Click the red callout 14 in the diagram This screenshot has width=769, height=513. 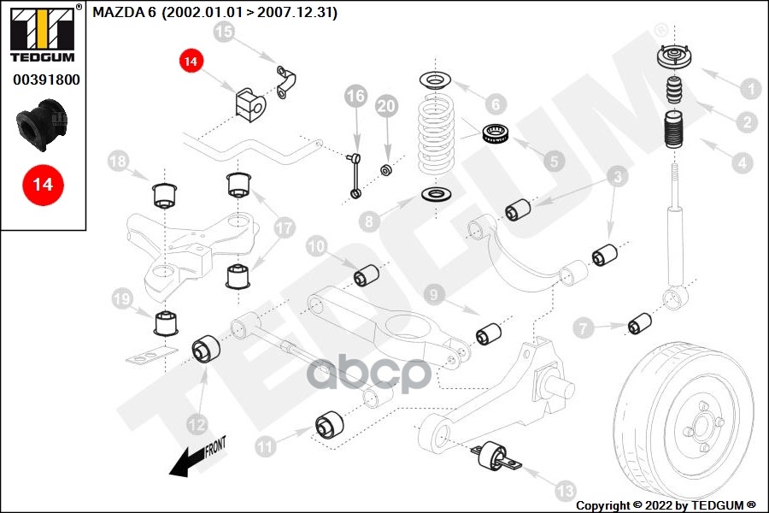(x=191, y=62)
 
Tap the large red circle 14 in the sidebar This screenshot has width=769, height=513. (x=43, y=184)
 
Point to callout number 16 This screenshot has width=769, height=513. (x=355, y=97)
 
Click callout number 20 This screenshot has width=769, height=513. (x=387, y=106)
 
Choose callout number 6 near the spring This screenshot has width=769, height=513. (x=493, y=104)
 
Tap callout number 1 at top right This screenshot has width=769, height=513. (x=749, y=88)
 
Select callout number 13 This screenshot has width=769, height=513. (x=565, y=490)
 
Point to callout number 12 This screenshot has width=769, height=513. (x=197, y=422)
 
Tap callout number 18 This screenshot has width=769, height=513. (x=119, y=161)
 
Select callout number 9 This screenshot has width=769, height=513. (x=434, y=296)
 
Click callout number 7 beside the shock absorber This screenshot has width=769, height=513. (x=584, y=326)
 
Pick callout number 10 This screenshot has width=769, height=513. (x=316, y=246)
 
